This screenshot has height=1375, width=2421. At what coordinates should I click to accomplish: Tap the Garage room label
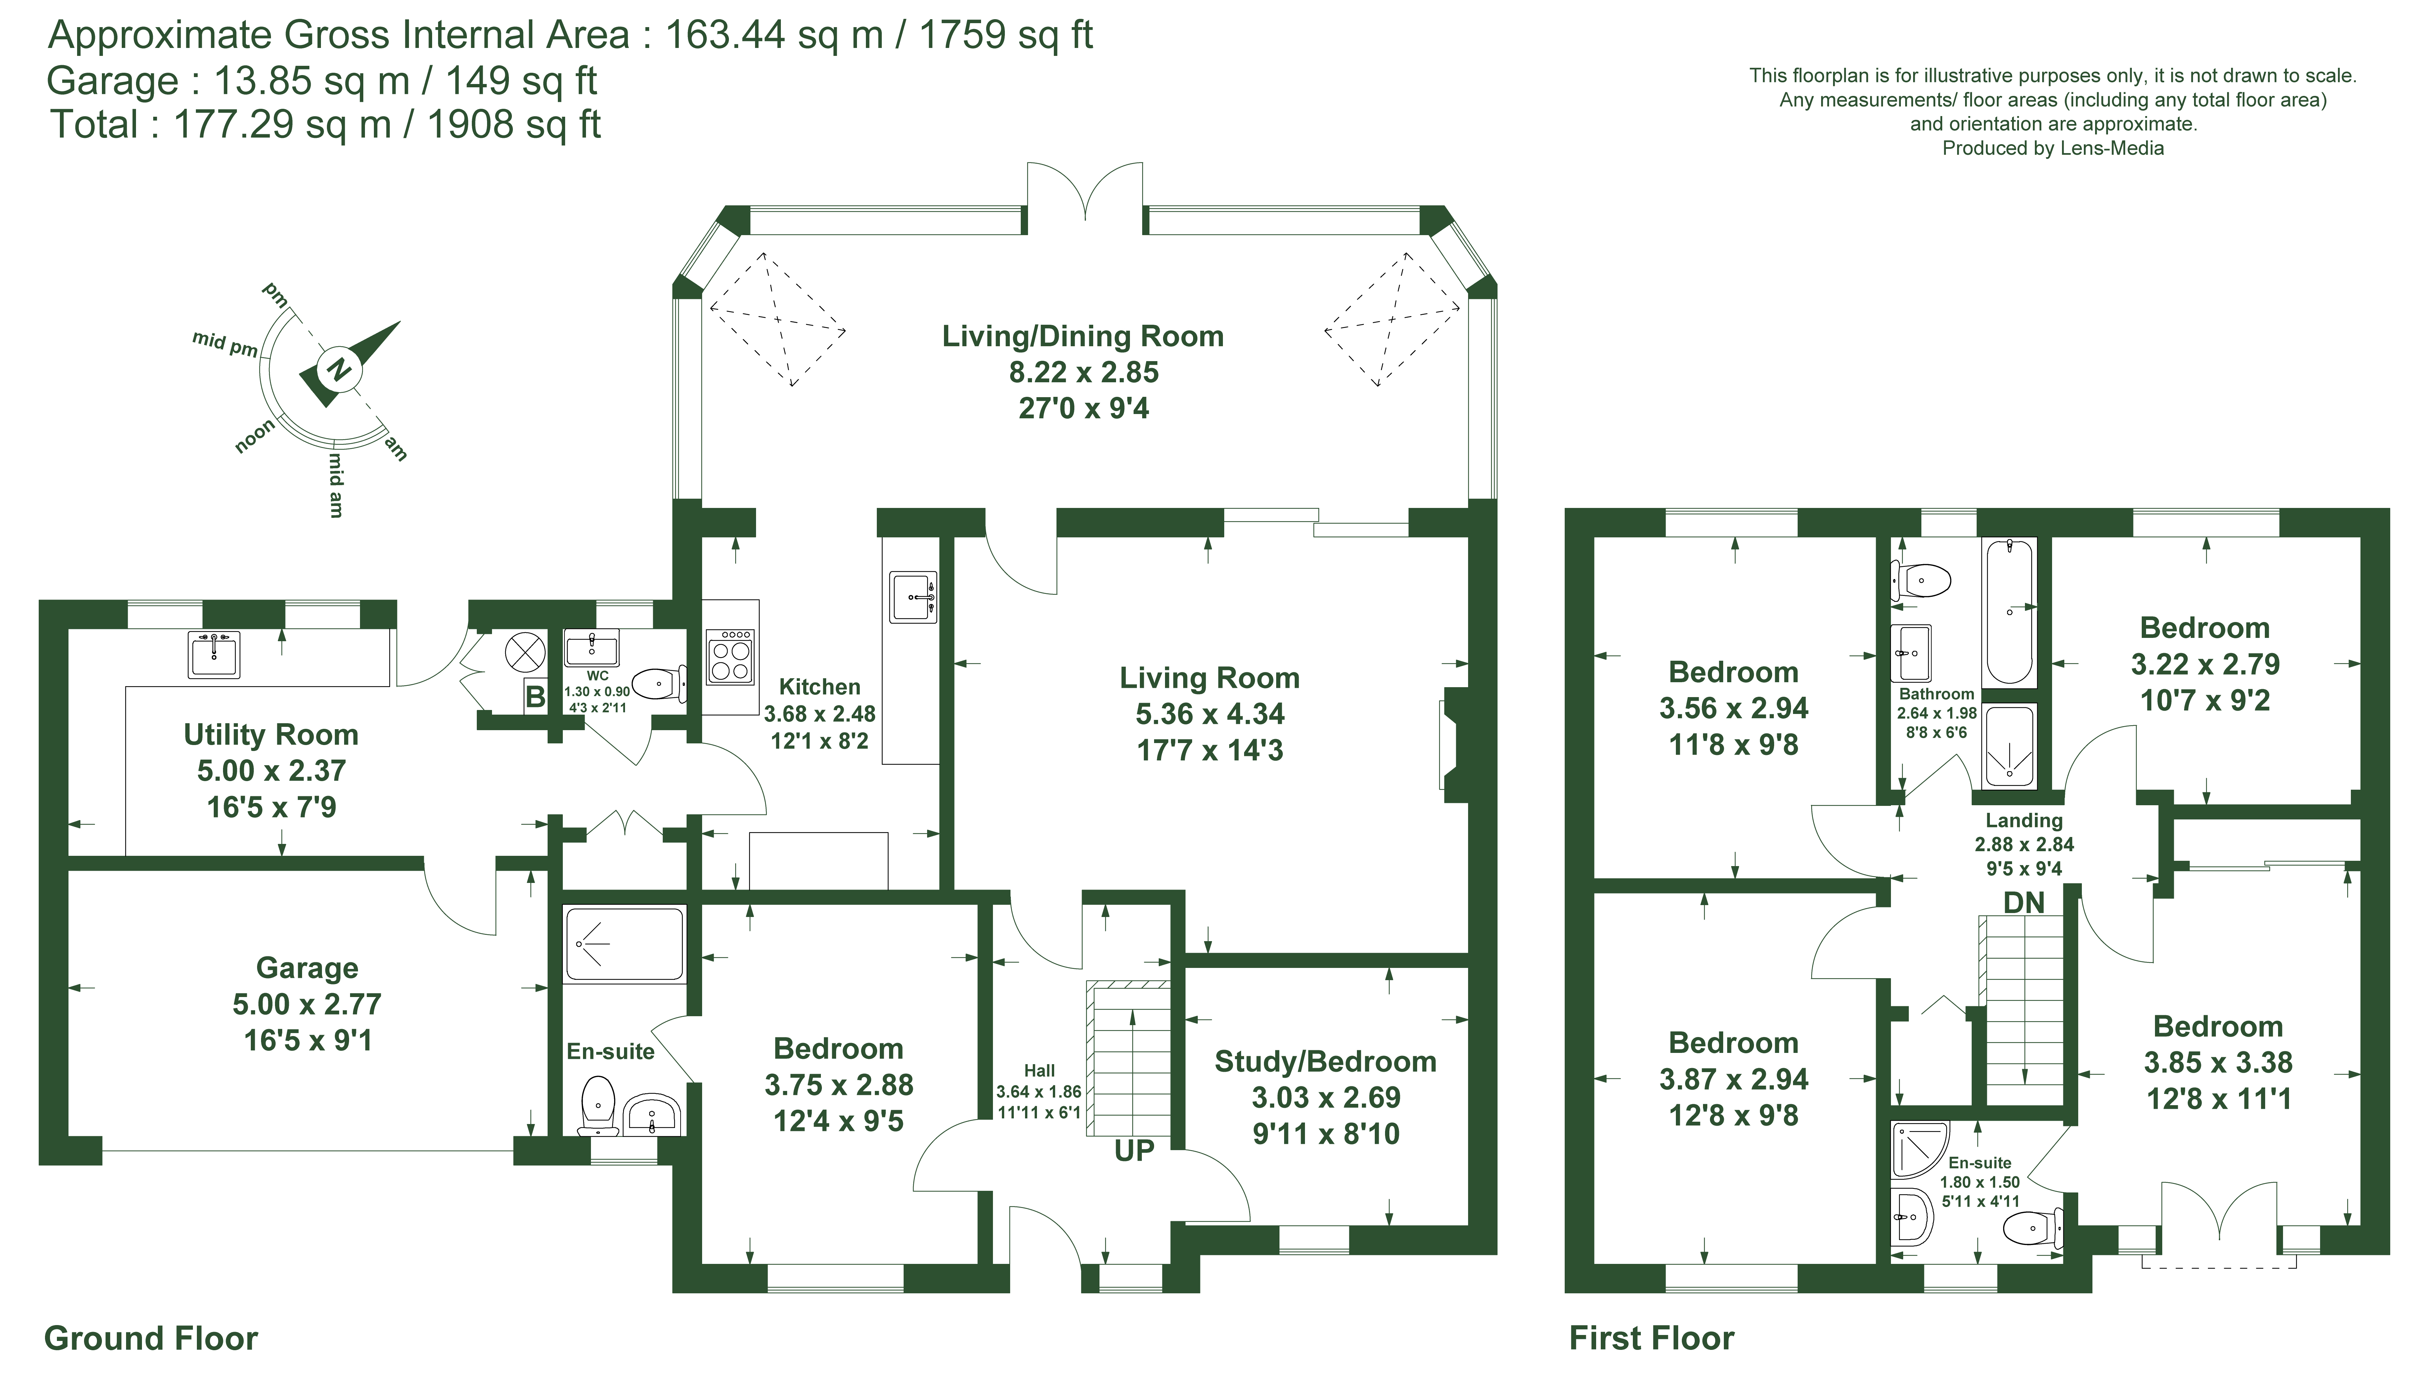(x=307, y=968)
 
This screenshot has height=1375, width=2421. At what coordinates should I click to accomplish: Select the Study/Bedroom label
(x=1325, y=1062)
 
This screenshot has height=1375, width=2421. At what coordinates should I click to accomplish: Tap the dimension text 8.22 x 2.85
(x=1084, y=372)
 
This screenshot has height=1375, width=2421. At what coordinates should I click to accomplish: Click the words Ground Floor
(x=151, y=1338)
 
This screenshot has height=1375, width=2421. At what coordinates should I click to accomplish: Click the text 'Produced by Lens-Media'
(x=2053, y=148)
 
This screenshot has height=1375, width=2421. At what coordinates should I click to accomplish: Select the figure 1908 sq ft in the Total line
(x=514, y=125)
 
